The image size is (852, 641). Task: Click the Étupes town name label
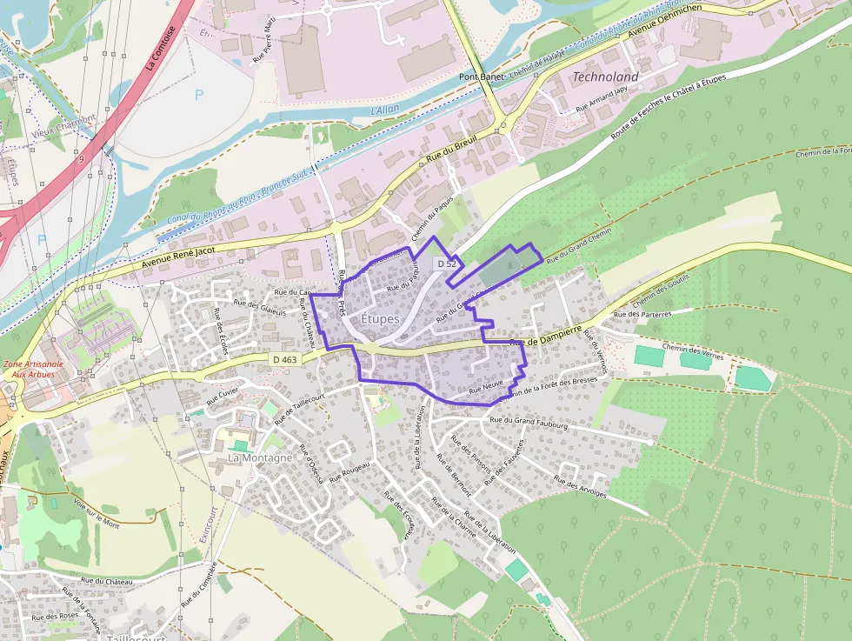click(x=379, y=319)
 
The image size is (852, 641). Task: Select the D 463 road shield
click(x=284, y=358)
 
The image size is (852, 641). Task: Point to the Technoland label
click(x=605, y=77)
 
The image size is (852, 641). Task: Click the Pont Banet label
click(x=481, y=77)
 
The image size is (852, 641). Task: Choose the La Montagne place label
click(x=260, y=457)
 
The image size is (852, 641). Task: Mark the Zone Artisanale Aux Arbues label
click(x=28, y=368)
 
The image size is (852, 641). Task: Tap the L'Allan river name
click(x=383, y=110)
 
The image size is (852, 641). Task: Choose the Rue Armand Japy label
click(x=601, y=101)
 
